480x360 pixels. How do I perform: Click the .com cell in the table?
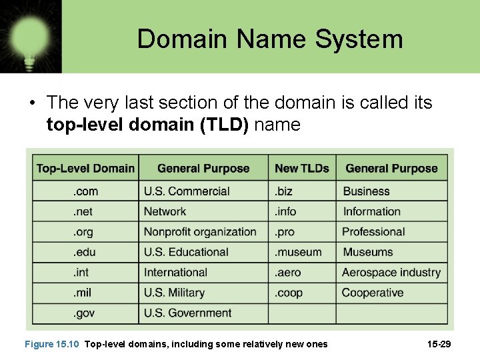[x=85, y=191]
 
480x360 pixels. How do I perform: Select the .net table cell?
[x=83, y=211]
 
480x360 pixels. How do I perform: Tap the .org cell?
[x=84, y=232]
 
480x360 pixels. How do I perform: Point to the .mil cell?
[x=82, y=293]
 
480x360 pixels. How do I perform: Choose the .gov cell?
[x=85, y=313]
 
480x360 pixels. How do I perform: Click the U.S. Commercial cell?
[x=187, y=191]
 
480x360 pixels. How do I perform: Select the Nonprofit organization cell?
[x=200, y=232]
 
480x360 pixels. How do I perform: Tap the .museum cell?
[x=298, y=252]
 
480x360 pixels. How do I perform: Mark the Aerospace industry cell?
[x=391, y=272]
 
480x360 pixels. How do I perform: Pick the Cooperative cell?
[x=373, y=293]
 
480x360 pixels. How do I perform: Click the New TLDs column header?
[x=302, y=169]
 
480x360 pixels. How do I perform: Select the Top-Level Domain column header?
[x=85, y=169]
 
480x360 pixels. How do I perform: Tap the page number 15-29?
[x=439, y=344]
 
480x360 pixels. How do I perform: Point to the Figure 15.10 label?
[x=51, y=344]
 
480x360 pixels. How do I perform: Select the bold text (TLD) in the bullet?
[x=223, y=125]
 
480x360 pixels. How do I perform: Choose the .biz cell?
[x=284, y=191]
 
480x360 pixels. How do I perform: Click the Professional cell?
[x=373, y=232]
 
